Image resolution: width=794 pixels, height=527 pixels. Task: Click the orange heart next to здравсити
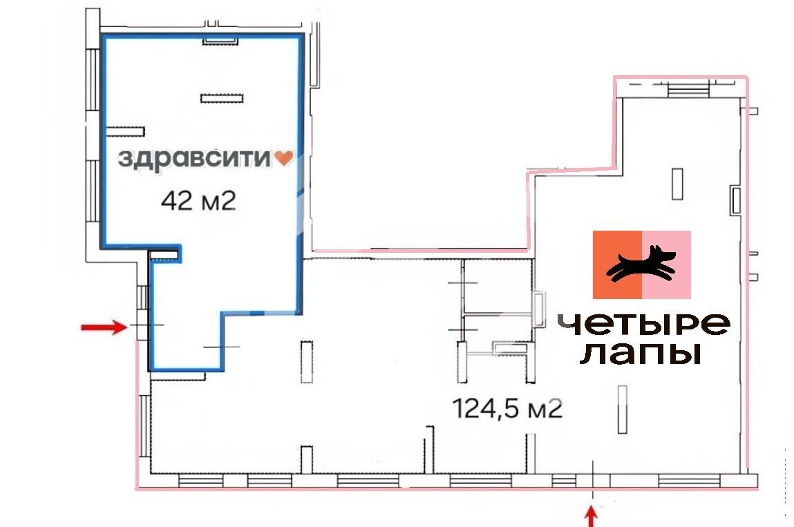[x=283, y=158]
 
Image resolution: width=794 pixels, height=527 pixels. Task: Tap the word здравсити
[x=194, y=159]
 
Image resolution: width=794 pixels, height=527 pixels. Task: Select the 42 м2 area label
[x=198, y=201]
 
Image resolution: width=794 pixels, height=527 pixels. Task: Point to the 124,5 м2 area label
[x=507, y=408]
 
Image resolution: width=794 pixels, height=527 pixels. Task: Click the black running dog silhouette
[x=641, y=264]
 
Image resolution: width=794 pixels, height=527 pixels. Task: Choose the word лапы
[x=641, y=354]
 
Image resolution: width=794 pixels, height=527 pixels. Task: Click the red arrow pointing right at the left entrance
[x=104, y=327]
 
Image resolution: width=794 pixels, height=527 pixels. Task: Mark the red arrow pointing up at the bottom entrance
[x=592, y=517]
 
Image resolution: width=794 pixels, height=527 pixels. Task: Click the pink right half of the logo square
[x=666, y=265]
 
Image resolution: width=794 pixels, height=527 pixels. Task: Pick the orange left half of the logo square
[x=617, y=265]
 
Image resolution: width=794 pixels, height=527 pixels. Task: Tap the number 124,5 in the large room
[x=485, y=408]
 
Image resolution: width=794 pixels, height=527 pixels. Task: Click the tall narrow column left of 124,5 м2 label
[x=307, y=362]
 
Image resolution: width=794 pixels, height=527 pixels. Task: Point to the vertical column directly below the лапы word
[x=623, y=410]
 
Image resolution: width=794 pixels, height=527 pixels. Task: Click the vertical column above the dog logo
[x=677, y=184]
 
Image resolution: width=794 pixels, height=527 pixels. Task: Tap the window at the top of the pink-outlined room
[x=688, y=90]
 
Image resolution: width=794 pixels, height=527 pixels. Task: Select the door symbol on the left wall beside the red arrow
[x=143, y=325]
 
